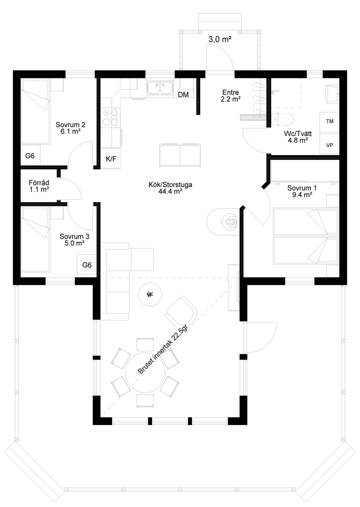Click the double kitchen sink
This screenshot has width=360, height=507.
(x=160, y=88)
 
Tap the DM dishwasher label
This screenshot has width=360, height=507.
(x=183, y=95)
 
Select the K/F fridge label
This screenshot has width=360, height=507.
(x=111, y=159)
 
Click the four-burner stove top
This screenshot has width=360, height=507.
(x=111, y=117)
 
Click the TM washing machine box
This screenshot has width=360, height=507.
(x=329, y=121)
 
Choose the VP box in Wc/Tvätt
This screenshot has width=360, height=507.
(x=329, y=144)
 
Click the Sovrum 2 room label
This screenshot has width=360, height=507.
(x=71, y=128)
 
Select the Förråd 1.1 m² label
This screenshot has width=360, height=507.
(x=39, y=186)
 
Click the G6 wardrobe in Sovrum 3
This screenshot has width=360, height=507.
(x=87, y=265)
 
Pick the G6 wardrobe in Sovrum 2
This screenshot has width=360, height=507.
(x=30, y=155)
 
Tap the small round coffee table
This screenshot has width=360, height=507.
(x=150, y=294)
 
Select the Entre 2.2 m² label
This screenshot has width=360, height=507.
(x=231, y=95)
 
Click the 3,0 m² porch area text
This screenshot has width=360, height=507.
(x=220, y=40)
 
